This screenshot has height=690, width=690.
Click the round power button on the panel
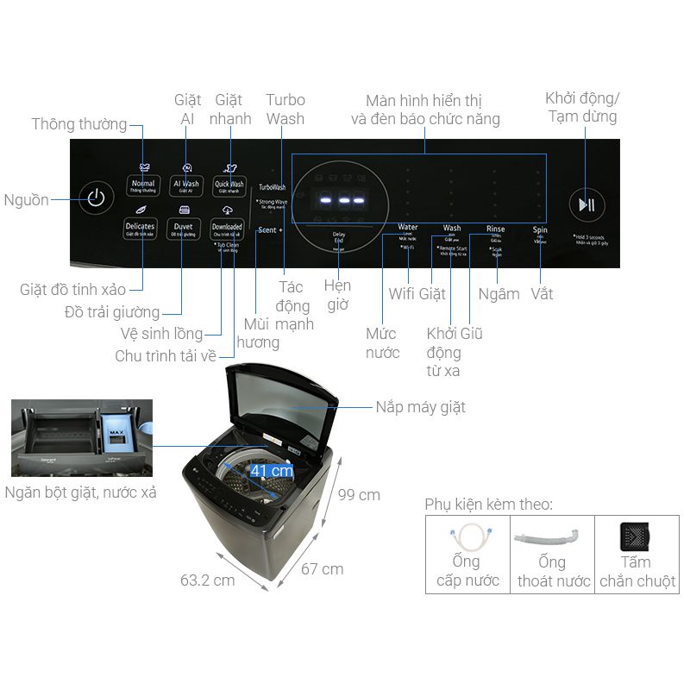[96, 198]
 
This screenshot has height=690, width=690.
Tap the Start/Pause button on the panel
[586, 204]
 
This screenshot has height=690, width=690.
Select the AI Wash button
[186, 185]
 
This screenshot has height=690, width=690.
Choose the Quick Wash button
[229, 185]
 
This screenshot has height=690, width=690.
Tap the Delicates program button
[140, 228]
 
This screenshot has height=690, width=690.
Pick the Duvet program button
[184, 228]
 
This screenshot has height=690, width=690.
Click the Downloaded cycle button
[227, 228]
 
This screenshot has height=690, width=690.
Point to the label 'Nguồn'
[26, 200]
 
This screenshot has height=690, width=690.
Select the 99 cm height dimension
[359, 495]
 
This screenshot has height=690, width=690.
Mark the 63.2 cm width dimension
[207, 580]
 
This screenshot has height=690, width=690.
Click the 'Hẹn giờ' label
[337, 294]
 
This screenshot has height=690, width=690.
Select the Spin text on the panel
[540, 229]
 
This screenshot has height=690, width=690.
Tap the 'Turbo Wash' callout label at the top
[285, 109]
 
